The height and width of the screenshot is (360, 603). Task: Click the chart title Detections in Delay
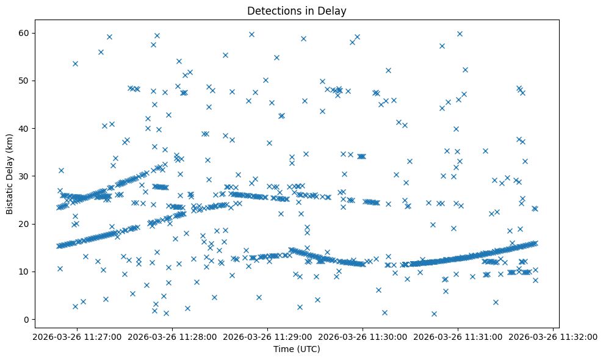point(296,10)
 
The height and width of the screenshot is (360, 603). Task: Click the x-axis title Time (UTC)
point(296,349)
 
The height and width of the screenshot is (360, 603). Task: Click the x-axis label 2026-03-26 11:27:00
point(76,336)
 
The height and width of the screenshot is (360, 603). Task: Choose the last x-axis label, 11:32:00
point(554,336)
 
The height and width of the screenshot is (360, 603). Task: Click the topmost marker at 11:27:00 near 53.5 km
point(75,63)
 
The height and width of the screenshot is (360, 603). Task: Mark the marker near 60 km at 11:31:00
point(460,34)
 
